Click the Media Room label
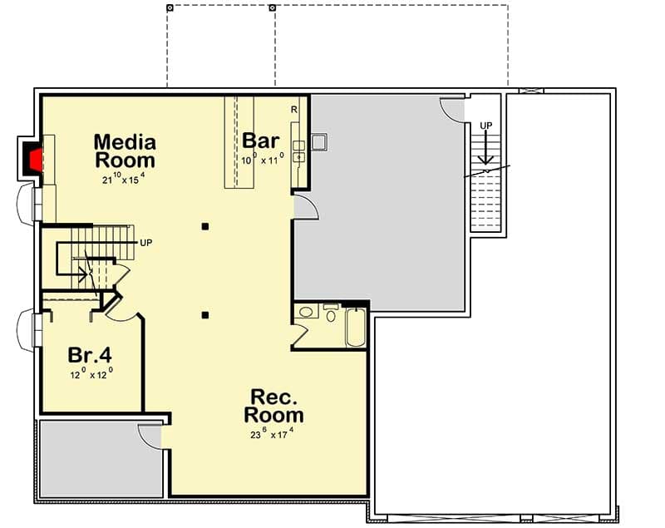pos(125,151)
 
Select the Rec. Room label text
pos(273,405)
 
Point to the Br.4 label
pos(90,355)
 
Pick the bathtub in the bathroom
pos(355,328)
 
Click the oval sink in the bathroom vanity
pos(306,313)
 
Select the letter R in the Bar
pos(294,109)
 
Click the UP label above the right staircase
pos(485,126)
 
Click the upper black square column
pos(204,226)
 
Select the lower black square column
pos(204,315)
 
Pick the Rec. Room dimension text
pos(273,433)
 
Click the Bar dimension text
pos(262,158)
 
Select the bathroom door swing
pos(300,334)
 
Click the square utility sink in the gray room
pos(318,141)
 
